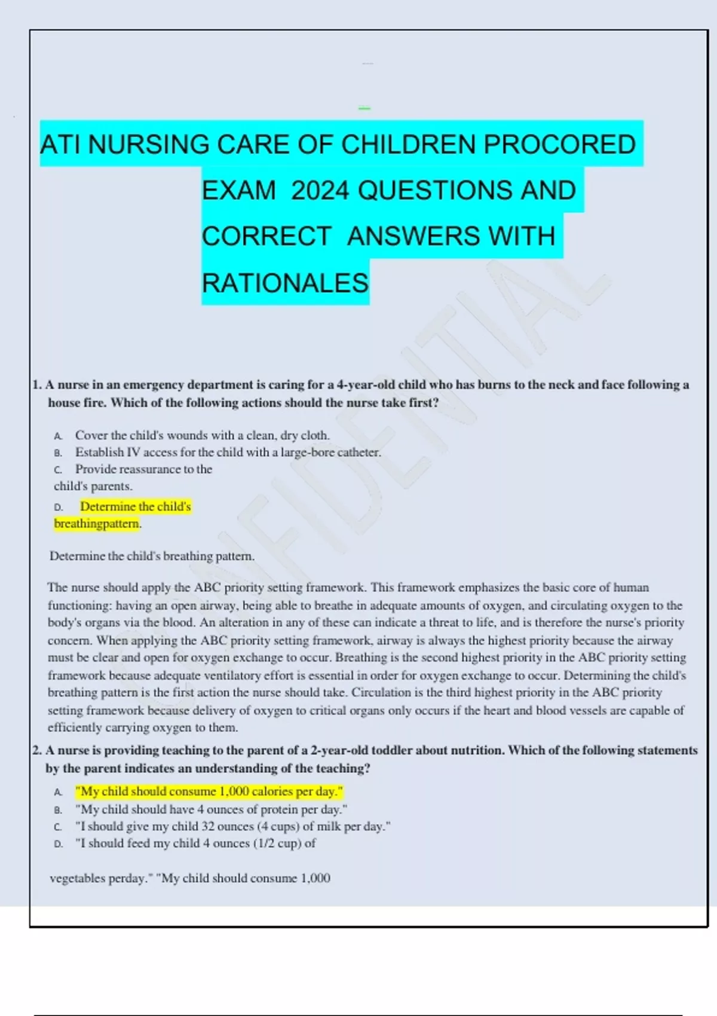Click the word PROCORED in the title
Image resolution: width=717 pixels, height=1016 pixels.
coord(559,145)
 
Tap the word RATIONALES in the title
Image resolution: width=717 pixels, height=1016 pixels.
coord(285,283)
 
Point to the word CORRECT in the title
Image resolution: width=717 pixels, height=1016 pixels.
coord(266,236)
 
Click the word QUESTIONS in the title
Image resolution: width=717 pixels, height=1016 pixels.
coord(436,191)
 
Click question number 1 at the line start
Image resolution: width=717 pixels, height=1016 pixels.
coord(37,385)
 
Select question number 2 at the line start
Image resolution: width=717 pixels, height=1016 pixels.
coord(37,751)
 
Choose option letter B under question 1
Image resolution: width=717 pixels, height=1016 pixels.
coord(58,453)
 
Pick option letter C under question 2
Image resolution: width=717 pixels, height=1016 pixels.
coord(58,827)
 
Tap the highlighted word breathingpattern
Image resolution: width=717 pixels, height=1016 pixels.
coord(97,524)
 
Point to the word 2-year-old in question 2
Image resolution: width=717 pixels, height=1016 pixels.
coord(340,751)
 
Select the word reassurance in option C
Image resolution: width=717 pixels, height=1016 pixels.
coord(151,469)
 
